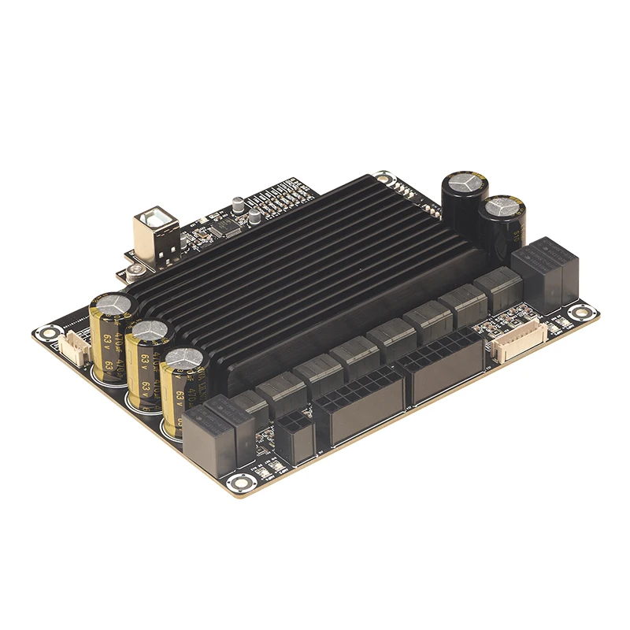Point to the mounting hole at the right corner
click(580, 313)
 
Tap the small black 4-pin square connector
click(294, 435)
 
